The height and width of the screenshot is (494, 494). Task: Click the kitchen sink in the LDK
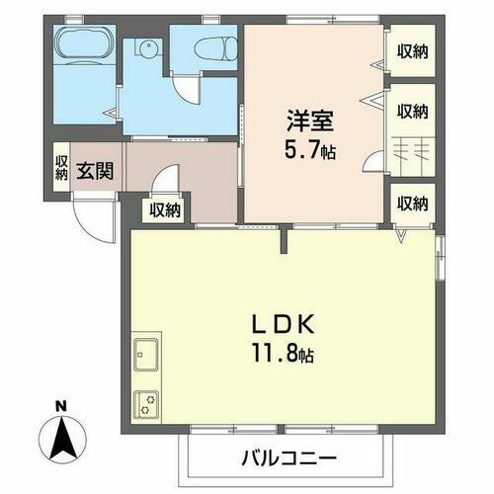coord(145,351)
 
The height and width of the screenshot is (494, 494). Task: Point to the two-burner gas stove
coord(145,402)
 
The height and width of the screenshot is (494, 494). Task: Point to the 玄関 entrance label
coord(95,170)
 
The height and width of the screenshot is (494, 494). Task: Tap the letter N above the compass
coord(61,406)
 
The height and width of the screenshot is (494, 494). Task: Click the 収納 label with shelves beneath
coord(413,110)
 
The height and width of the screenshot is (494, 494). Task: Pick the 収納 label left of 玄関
coord(61,168)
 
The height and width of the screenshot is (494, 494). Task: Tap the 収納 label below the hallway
coord(165,208)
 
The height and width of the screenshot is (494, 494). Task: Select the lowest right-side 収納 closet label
coord(413,205)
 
